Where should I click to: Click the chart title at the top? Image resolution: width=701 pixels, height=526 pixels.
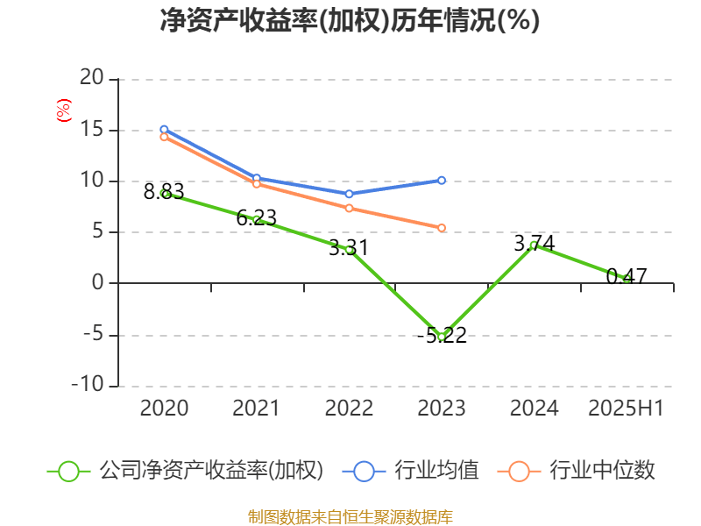point(350,20)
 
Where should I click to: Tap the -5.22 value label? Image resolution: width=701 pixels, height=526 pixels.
point(442,335)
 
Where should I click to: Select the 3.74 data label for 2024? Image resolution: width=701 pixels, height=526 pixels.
point(535,243)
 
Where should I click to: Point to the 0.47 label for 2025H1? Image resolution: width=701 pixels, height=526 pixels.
point(627,277)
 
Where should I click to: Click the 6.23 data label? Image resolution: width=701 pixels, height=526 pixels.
point(257,218)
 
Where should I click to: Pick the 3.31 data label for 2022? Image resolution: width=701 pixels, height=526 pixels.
point(349,248)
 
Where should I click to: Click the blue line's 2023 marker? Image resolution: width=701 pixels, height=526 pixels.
point(442,181)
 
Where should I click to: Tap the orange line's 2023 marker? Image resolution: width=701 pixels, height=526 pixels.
point(442,228)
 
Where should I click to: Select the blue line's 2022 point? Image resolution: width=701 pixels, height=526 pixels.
point(349,194)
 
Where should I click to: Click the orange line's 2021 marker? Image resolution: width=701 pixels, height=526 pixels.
point(257,184)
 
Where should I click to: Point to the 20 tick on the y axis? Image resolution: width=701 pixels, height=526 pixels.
point(93,80)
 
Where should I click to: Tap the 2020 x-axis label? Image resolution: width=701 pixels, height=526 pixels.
point(164,408)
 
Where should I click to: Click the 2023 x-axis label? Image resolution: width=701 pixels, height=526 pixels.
point(442,408)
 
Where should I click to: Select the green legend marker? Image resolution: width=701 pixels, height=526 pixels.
point(69,471)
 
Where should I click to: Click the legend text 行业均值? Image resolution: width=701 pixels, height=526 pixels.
point(435,471)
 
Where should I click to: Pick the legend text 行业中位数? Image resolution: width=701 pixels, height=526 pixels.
point(601,471)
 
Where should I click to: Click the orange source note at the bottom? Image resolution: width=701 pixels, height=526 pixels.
point(350,516)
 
